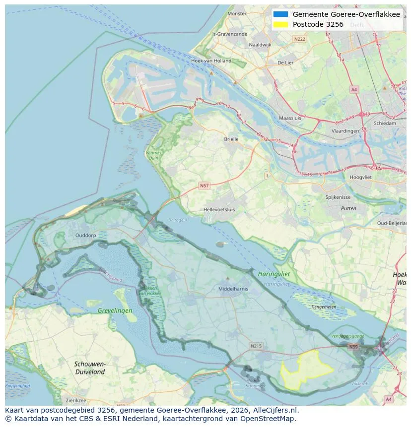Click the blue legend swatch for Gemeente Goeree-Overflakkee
(281, 14)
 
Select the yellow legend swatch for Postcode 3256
(281, 24)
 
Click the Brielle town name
(231, 139)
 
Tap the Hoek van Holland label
(211, 61)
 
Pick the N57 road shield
(204, 185)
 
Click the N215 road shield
(256, 346)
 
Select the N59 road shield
(353, 347)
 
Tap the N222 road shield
(299, 39)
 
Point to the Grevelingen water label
(115, 310)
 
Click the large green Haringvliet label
(274, 274)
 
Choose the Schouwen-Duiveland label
(89, 367)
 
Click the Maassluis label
(290, 119)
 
